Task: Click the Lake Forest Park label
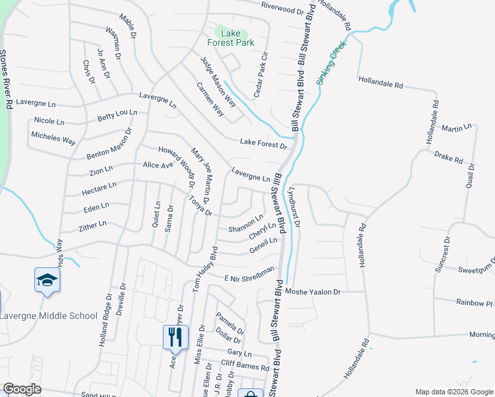point(230,38)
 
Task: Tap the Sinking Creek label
point(330,64)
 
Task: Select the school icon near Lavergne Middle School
point(47,280)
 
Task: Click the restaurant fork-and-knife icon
point(175,337)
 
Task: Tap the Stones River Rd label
point(5,79)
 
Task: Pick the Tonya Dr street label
point(199,206)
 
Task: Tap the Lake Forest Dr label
point(263,143)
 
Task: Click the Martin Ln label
point(457,128)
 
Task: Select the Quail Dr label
point(471,176)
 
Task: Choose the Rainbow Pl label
point(475,302)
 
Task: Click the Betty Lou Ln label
point(116,116)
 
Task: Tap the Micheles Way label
point(54,138)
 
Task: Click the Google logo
point(22,389)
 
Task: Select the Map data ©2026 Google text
point(453,392)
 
